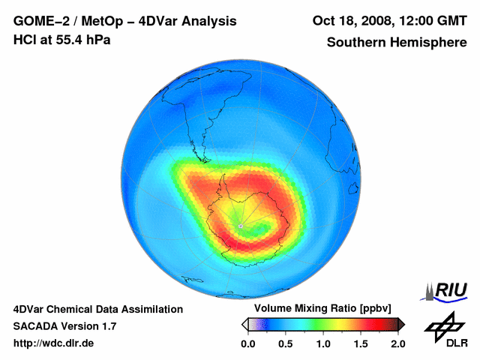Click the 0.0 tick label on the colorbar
[248, 343]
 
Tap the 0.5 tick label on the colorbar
[286, 343]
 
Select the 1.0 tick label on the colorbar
[323, 343]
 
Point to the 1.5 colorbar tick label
[361, 343]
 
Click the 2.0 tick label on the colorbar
[397, 343]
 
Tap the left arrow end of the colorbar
[244, 324]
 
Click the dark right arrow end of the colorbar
[401, 324]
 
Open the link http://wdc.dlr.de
[54, 343]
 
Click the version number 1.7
[108, 326]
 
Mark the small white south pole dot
[240, 224]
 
